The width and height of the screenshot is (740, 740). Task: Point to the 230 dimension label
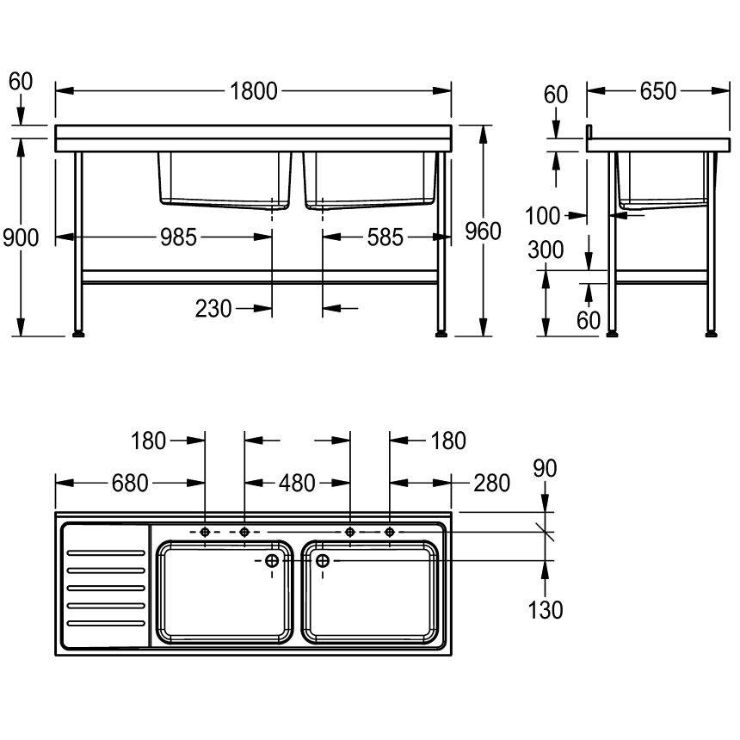pos(213,308)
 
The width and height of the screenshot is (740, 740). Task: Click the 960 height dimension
pos(482,231)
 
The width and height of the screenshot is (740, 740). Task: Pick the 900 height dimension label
pos(21,237)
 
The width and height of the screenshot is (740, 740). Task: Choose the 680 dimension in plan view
pos(130,484)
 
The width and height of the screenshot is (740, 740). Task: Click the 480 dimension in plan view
pos(297,484)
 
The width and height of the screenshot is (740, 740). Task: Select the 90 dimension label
pos(545,468)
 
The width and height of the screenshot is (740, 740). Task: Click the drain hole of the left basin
pos(272,561)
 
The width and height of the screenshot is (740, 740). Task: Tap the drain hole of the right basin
pos(323,561)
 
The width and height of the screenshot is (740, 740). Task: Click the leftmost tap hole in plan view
pos(205,533)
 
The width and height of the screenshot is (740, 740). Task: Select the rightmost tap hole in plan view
pos(389,533)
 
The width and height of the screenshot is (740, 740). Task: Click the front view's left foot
pos(79,331)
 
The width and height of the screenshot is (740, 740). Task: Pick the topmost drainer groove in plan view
pos(105,552)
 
